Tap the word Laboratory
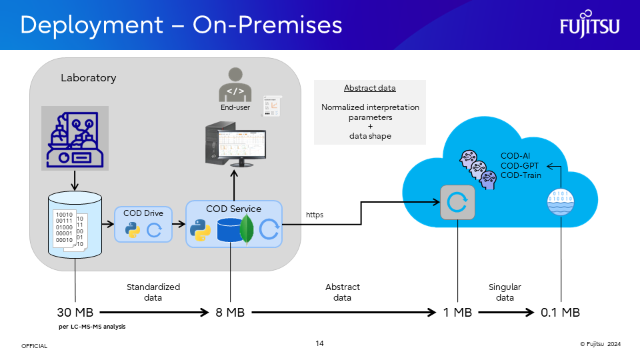pyautogui.click(x=88, y=78)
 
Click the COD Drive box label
pyautogui.click(x=144, y=213)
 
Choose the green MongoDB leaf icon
pyautogui.click(x=247, y=229)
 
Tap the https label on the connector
pyautogui.click(x=315, y=215)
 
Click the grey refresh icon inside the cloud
pyautogui.click(x=458, y=202)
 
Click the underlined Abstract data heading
pyautogui.click(x=369, y=88)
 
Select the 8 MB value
pyautogui.click(x=230, y=312)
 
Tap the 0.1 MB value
pyautogui.click(x=560, y=312)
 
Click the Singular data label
pyautogui.click(x=505, y=292)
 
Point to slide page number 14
pyautogui.click(x=320, y=343)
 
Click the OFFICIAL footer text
pyautogui.click(x=35, y=346)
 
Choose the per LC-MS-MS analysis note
pyautogui.click(x=92, y=327)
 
